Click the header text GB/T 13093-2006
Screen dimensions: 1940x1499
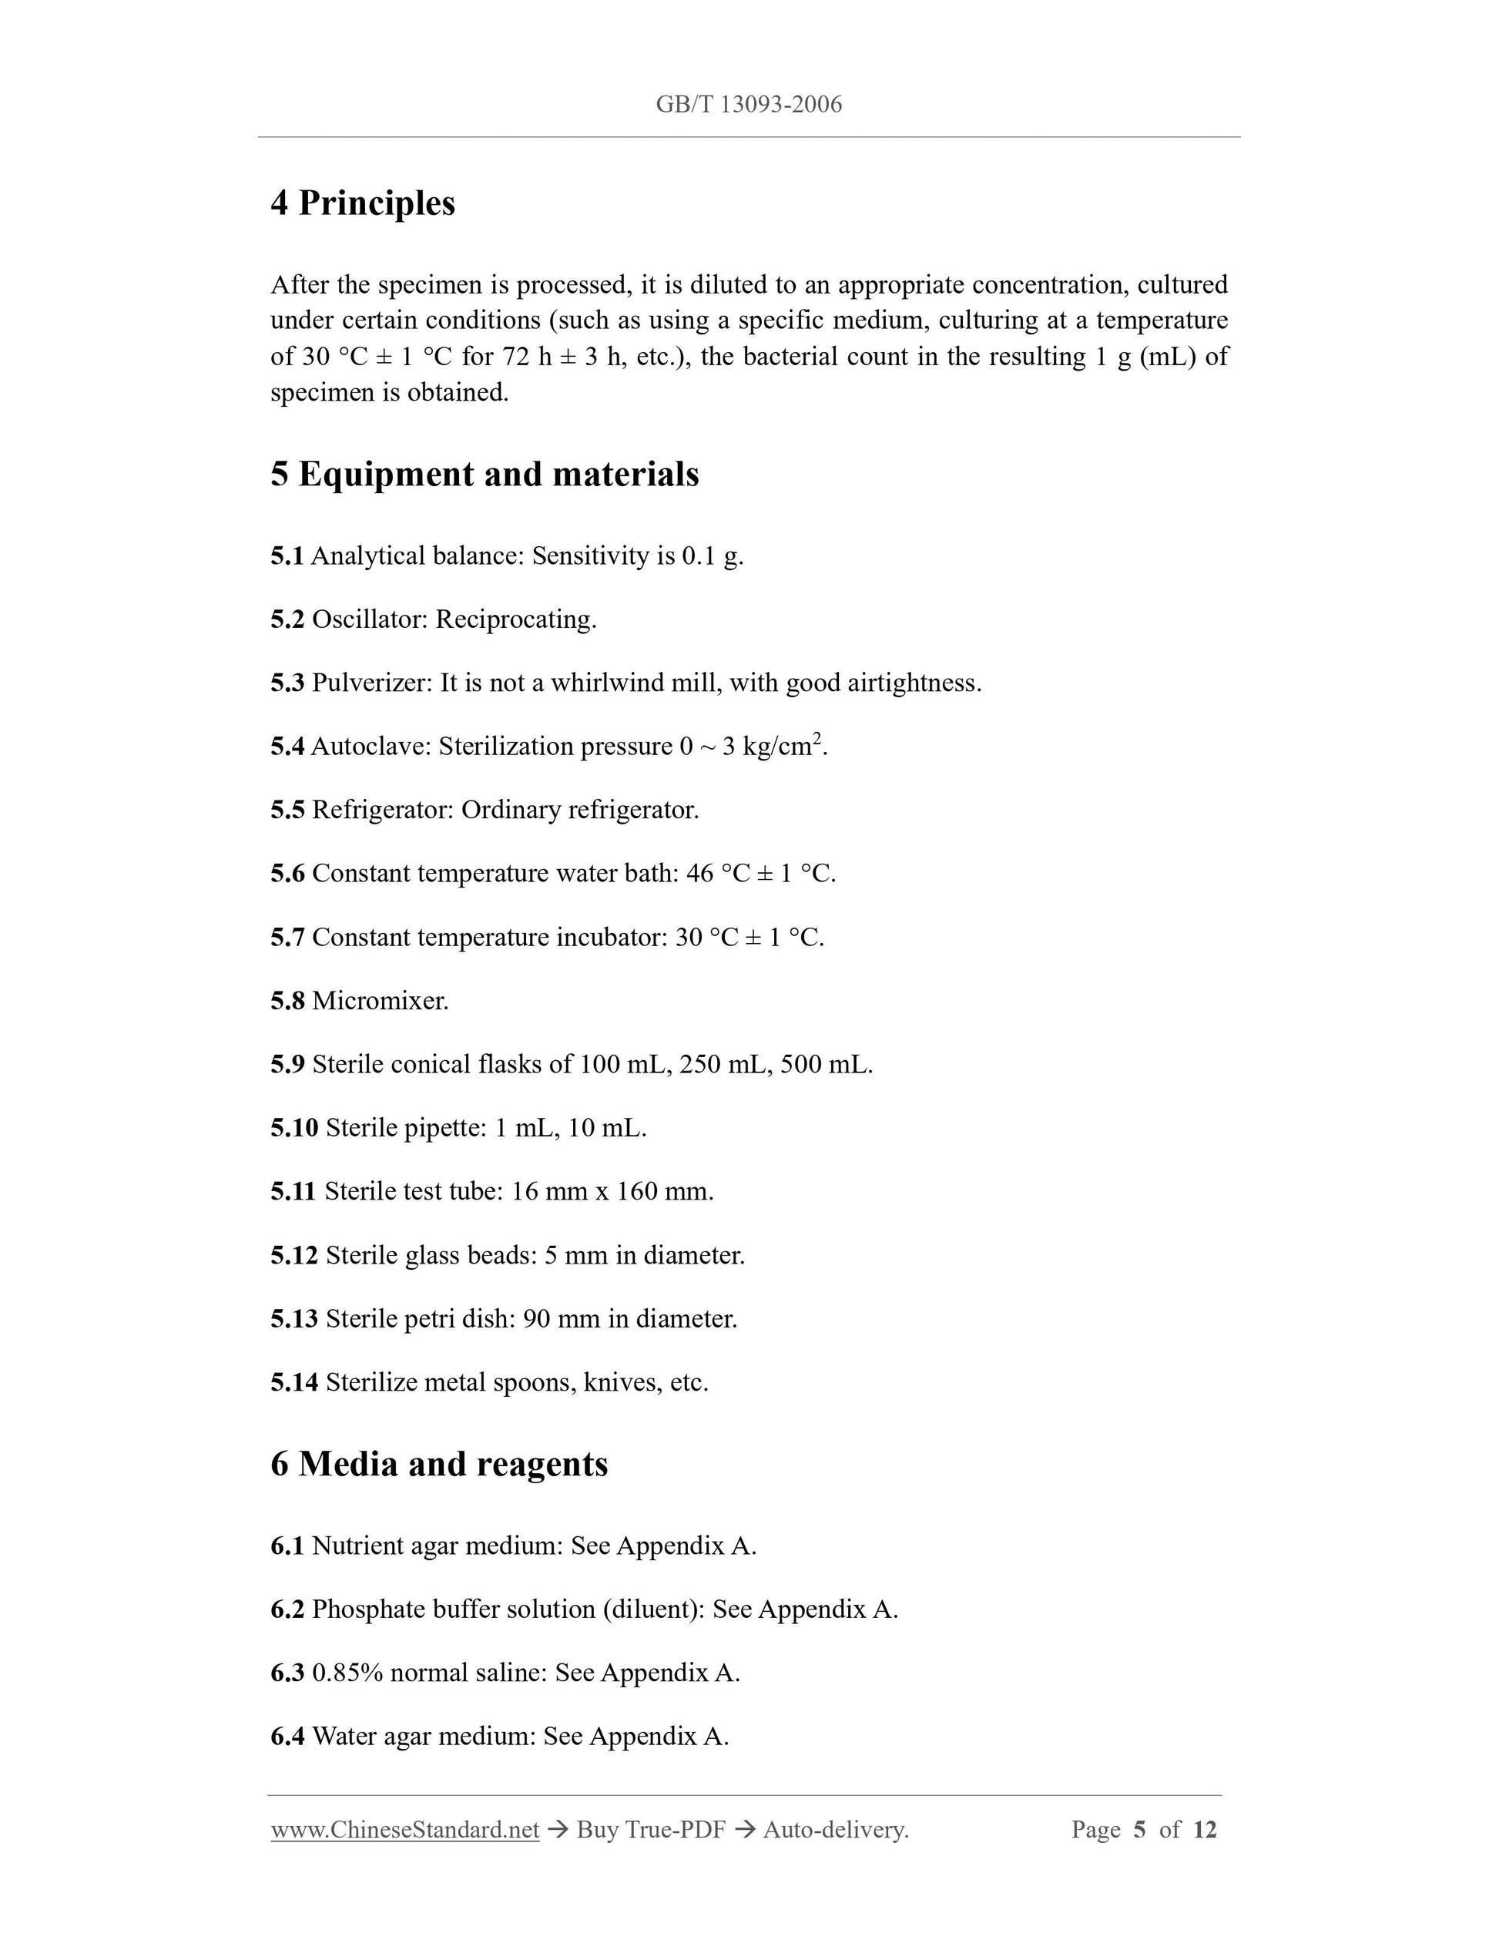pos(749,105)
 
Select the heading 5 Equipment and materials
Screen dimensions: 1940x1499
pos(484,475)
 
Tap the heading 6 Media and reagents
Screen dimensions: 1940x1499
pos(439,1464)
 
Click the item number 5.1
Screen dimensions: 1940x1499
pos(287,556)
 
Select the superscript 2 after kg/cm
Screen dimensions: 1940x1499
pos(817,738)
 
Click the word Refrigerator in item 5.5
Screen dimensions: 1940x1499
pos(383,810)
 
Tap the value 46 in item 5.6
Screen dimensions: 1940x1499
pos(699,874)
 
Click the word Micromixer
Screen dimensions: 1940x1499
pos(380,1001)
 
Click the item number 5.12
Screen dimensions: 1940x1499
pos(294,1255)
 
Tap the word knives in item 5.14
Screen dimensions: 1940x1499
pos(621,1383)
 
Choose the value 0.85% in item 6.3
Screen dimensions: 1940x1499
pos(347,1673)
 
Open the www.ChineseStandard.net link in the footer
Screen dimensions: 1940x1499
pos(405,1830)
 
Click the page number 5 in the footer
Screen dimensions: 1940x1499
pos(1139,1830)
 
